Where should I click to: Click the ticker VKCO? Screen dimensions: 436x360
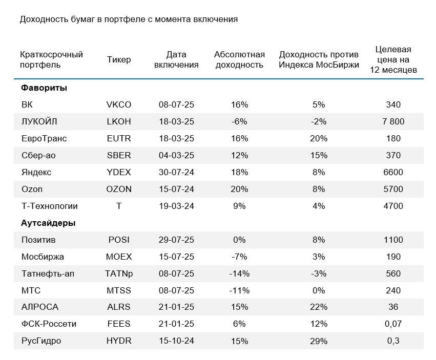[119, 104]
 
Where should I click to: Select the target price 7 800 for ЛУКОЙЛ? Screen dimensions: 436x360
[393, 121]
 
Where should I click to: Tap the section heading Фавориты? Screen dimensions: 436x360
[44, 88]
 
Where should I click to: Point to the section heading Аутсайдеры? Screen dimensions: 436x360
[48, 223]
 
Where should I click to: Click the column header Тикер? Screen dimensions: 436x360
[119, 59]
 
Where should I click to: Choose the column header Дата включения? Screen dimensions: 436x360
[176, 59]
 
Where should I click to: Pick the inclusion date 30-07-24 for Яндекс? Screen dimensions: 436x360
[176, 172]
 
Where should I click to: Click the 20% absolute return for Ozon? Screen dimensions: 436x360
[239, 189]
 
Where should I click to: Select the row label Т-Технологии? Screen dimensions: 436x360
[50, 206]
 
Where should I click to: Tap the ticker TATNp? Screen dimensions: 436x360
[119, 273]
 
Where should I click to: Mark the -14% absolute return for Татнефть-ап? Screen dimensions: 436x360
[239, 273]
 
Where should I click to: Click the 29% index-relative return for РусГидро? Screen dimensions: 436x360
[319, 341]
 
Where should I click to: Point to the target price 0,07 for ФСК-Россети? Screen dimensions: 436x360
[393, 324]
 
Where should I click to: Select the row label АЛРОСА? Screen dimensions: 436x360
[40, 307]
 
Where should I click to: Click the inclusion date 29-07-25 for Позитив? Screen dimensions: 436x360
[176, 240]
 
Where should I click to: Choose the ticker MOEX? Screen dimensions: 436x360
[119, 257]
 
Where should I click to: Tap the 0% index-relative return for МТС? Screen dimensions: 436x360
[319, 290]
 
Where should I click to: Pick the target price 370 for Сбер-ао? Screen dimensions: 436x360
[393, 155]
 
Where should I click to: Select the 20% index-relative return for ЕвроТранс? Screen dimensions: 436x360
[319, 138]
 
